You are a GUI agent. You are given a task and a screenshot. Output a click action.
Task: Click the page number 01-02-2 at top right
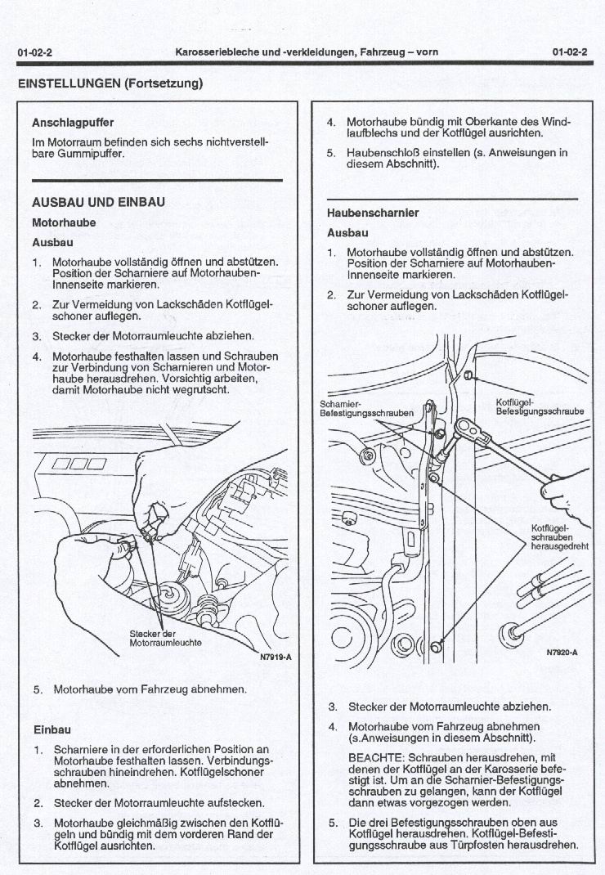(x=570, y=52)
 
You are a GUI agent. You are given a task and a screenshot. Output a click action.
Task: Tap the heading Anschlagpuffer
(x=72, y=123)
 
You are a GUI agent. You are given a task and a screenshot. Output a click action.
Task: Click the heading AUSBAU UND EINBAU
(x=98, y=202)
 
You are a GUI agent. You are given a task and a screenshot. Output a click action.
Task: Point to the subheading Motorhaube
(x=64, y=222)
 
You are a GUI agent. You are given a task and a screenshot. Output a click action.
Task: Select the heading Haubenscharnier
(x=373, y=213)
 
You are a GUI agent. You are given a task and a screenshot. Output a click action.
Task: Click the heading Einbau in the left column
(x=52, y=729)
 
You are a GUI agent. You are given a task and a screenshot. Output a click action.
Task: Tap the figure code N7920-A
(x=562, y=653)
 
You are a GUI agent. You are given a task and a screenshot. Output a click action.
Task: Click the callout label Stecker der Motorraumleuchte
(x=165, y=638)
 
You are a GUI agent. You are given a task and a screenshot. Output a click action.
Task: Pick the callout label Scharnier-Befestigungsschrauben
(x=365, y=409)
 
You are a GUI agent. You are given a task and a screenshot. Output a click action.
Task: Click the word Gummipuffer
(x=69, y=154)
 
